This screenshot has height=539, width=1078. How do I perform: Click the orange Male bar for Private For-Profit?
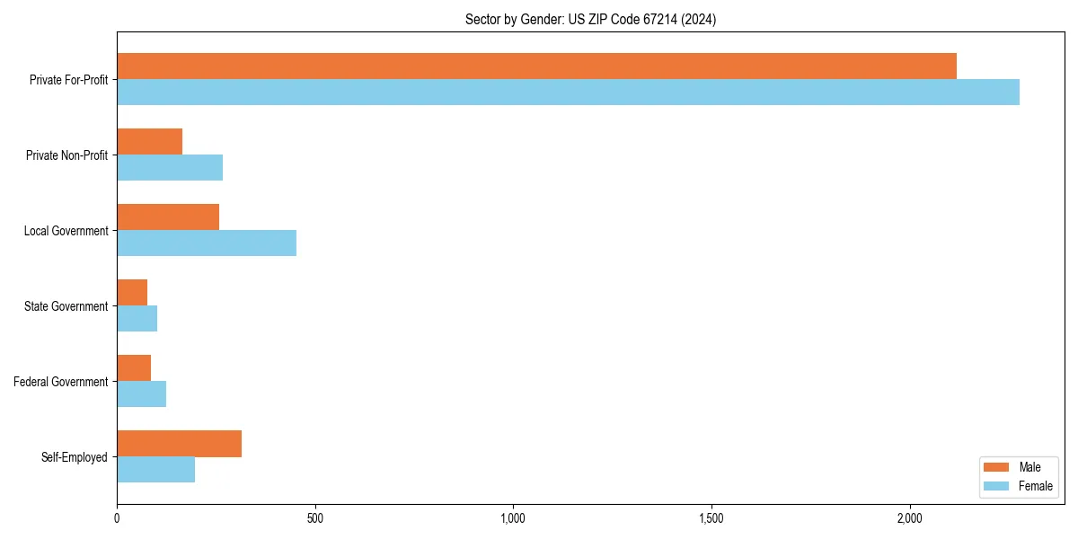click(536, 66)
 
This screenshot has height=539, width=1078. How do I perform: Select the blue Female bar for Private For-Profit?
click(568, 93)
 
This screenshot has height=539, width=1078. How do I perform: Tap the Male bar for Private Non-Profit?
click(149, 142)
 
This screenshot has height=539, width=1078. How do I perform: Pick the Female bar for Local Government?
click(207, 243)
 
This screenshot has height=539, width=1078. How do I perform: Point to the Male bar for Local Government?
click(168, 217)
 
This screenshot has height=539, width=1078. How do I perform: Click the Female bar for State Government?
click(137, 319)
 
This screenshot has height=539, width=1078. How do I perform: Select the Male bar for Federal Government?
click(134, 368)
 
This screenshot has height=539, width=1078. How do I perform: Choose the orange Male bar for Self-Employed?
click(179, 444)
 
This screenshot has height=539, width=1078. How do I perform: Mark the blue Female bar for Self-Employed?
click(155, 470)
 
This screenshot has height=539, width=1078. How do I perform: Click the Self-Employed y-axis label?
click(74, 457)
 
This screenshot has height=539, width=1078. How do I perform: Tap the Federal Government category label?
click(60, 382)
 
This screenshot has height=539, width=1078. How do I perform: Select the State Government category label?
click(66, 306)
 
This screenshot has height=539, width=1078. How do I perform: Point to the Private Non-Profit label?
click(66, 155)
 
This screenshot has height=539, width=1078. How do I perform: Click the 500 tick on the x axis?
click(314, 518)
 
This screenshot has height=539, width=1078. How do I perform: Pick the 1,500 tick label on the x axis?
click(711, 518)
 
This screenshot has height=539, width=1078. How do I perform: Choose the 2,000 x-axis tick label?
click(909, 518)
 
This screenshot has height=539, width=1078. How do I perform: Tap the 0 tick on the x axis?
click(117, 518)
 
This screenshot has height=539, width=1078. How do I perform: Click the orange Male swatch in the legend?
click(997, 467)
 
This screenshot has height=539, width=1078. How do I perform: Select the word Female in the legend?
click(1035, 486)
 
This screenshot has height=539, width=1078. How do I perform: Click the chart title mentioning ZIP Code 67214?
click(590, 19)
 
